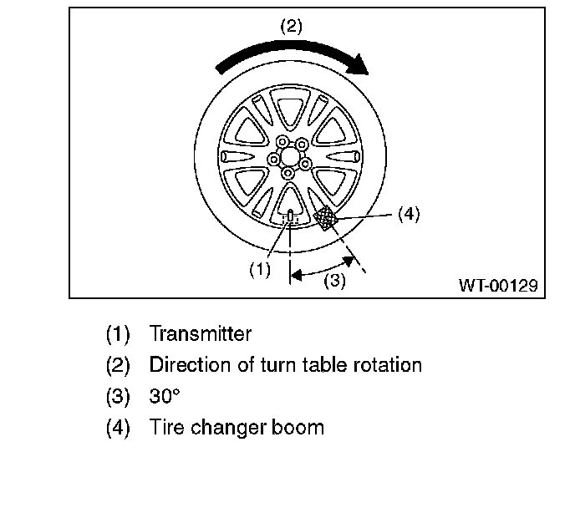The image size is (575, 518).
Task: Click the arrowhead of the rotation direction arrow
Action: tap(359, 65)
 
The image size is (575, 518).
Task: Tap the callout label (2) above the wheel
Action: tap(290, 26)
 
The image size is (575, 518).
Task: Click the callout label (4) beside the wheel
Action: tap(408, 214)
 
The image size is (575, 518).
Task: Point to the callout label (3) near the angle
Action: tap(334, 280)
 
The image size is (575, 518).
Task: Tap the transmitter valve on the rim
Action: tap(290, 216)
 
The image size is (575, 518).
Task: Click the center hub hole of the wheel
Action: tap(289, 155)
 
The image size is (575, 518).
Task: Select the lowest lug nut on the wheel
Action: tap(288, 173)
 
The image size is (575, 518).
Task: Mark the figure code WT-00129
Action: tap(496, 284)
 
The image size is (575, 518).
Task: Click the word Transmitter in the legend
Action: tap(200, 334)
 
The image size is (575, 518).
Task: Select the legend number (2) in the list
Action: tap(118, 365)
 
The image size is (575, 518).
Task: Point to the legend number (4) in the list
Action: tap(118, 427)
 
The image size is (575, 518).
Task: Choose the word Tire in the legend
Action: tap(166, 427)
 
